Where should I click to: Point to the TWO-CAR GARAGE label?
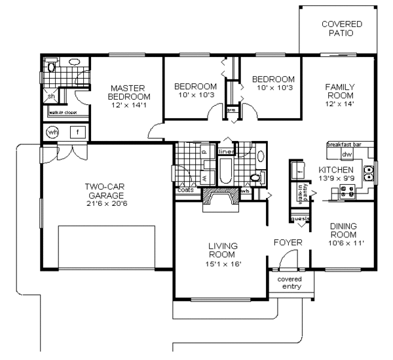[106, 191]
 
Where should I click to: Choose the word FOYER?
[288, 243]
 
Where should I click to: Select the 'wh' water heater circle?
[52, 132]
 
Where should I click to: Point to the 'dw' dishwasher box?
[346, 154]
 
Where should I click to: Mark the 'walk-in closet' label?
[62, 113]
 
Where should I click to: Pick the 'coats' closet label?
[185, 191]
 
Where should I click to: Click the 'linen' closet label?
[225, 151]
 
